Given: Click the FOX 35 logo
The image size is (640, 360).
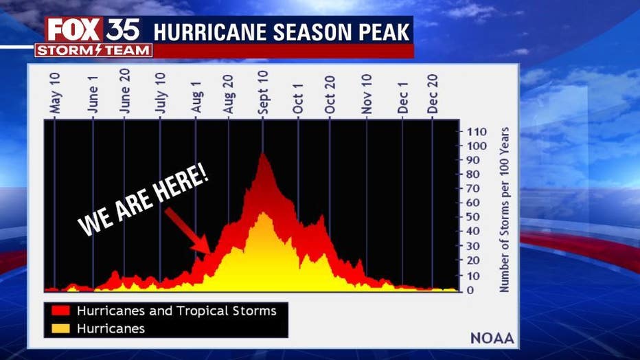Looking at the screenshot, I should point(93,29).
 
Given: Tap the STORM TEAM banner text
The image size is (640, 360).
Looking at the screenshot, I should point(93,50).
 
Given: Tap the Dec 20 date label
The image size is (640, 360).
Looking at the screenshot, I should point(433,97).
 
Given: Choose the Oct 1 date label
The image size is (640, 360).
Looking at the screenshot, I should point(298,98).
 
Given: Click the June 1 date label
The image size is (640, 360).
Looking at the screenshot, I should point(93,98).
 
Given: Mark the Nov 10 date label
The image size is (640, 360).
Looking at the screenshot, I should point(367,95).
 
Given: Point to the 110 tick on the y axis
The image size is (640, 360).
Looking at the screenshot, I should point(477,131).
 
